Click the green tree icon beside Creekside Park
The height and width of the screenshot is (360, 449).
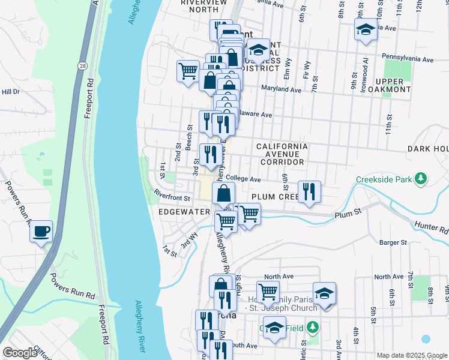tap(421, 178)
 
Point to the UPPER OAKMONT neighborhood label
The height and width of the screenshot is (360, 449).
tap(393, 85)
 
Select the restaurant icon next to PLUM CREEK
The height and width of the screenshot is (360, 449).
tap(309, 192)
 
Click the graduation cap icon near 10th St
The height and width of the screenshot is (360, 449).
tap(365, 29)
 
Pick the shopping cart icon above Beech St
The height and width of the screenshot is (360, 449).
tap(188, 71)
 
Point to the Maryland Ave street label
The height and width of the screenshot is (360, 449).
tap(281, 89)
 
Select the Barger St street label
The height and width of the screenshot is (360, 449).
tap(393, 242)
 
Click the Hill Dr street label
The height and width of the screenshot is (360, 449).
tap(10, 92)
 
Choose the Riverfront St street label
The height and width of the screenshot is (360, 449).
tap(172, 196)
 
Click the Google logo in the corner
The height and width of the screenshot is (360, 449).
tap(20, 353)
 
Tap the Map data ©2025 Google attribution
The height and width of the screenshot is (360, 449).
tap(411, 355)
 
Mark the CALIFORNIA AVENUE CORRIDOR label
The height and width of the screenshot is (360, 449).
tap(282, 154)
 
